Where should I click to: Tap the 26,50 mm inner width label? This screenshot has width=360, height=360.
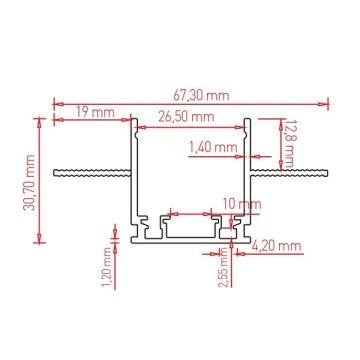pyautogui.click(x=188, y=117)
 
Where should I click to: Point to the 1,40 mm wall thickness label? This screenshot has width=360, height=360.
pyautogui.click(x=212, y=147)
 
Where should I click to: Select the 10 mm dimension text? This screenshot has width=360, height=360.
pyautogui.click(x=236, y=204)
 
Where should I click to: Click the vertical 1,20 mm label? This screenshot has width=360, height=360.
pyautogui.click(x=107, y=272)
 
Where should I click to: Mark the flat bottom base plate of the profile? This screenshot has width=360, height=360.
pyautogui.click(x=190, y=241)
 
